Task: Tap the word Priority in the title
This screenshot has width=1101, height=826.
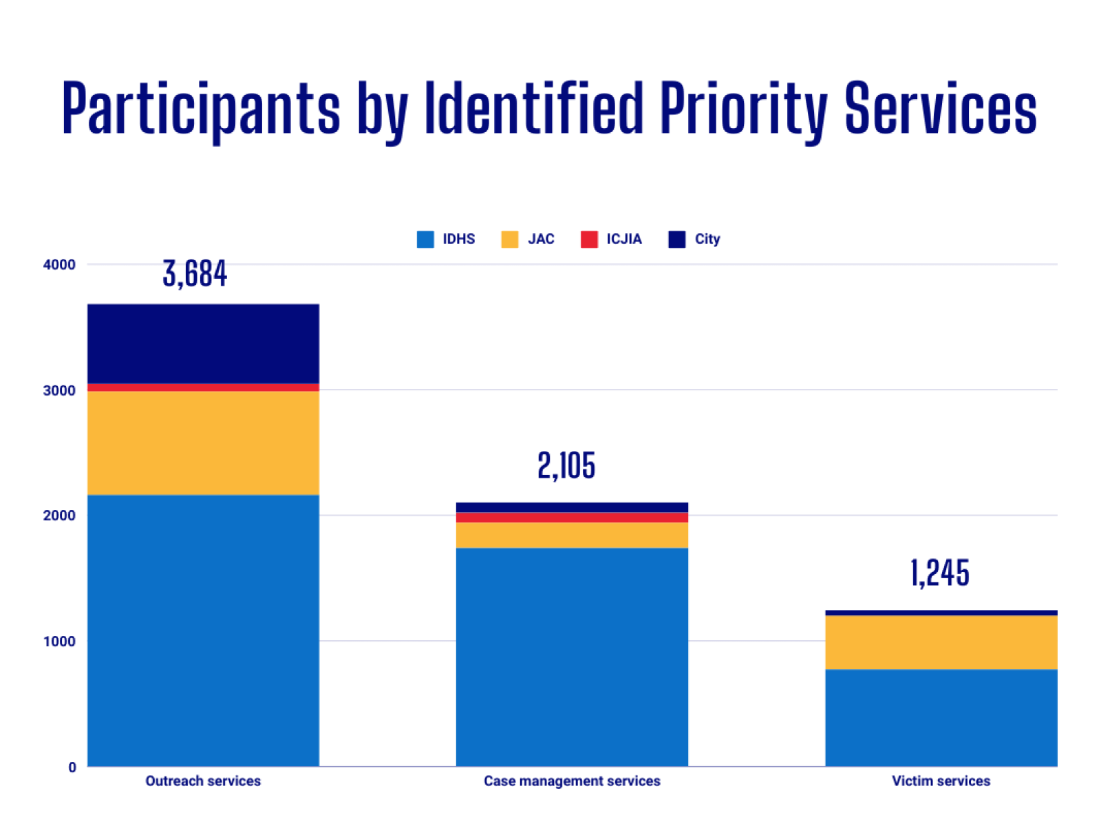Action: (743, 109)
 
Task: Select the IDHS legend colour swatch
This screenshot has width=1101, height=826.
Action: (425, 240)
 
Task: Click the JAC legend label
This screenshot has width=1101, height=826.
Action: (541, 240)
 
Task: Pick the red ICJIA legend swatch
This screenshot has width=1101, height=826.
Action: (589, 240)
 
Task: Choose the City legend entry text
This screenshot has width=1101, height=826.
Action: (707, 240)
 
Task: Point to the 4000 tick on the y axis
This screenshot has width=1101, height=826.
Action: (59, 265)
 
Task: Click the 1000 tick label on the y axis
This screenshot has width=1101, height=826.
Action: (59, 642)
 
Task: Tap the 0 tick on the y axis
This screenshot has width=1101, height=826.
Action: (72, 767)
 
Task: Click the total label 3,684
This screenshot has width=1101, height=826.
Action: (195, 274)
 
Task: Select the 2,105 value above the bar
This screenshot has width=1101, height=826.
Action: (566, 466)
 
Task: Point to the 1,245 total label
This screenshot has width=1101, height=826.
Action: (940, 573)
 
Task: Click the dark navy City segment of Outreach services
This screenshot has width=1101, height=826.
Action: (203, 343)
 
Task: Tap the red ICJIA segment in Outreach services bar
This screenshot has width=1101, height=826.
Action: (203, 388)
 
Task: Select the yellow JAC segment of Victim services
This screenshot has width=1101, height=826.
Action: (941, 642)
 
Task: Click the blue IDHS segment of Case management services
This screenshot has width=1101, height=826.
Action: (572, 657)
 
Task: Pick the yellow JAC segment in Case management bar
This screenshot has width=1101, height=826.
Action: (572, 535)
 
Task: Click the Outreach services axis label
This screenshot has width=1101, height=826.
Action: (203, 781)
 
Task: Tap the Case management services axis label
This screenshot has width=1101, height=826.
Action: (572, 781)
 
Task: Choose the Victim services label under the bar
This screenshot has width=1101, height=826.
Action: (941, 781)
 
